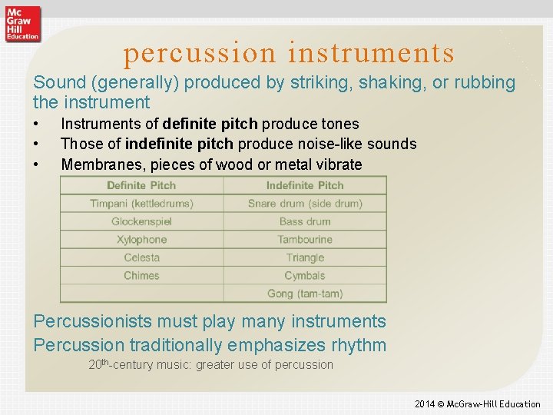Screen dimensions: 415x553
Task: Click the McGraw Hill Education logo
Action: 22,24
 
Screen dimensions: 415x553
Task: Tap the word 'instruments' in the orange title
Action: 371,53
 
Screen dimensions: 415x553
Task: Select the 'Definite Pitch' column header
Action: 141,185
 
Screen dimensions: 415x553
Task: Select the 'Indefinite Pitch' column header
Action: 305,185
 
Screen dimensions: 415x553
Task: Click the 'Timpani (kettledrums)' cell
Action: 141,204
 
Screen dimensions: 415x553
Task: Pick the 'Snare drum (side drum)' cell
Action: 305,204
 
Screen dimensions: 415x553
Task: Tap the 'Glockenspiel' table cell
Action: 141,221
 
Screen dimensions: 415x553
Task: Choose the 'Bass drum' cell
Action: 305,221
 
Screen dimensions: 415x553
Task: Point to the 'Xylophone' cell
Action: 141,240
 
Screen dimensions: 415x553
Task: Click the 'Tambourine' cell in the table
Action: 305,240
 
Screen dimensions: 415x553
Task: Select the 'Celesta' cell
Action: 141,257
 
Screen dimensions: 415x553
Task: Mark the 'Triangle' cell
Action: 305,257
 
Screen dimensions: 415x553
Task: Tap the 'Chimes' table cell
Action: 141,275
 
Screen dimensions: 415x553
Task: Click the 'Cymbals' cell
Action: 305,275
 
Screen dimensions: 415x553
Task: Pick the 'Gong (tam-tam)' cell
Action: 305,294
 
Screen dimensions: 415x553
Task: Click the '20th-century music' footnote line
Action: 210,365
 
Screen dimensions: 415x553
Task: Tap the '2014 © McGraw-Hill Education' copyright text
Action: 477,403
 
